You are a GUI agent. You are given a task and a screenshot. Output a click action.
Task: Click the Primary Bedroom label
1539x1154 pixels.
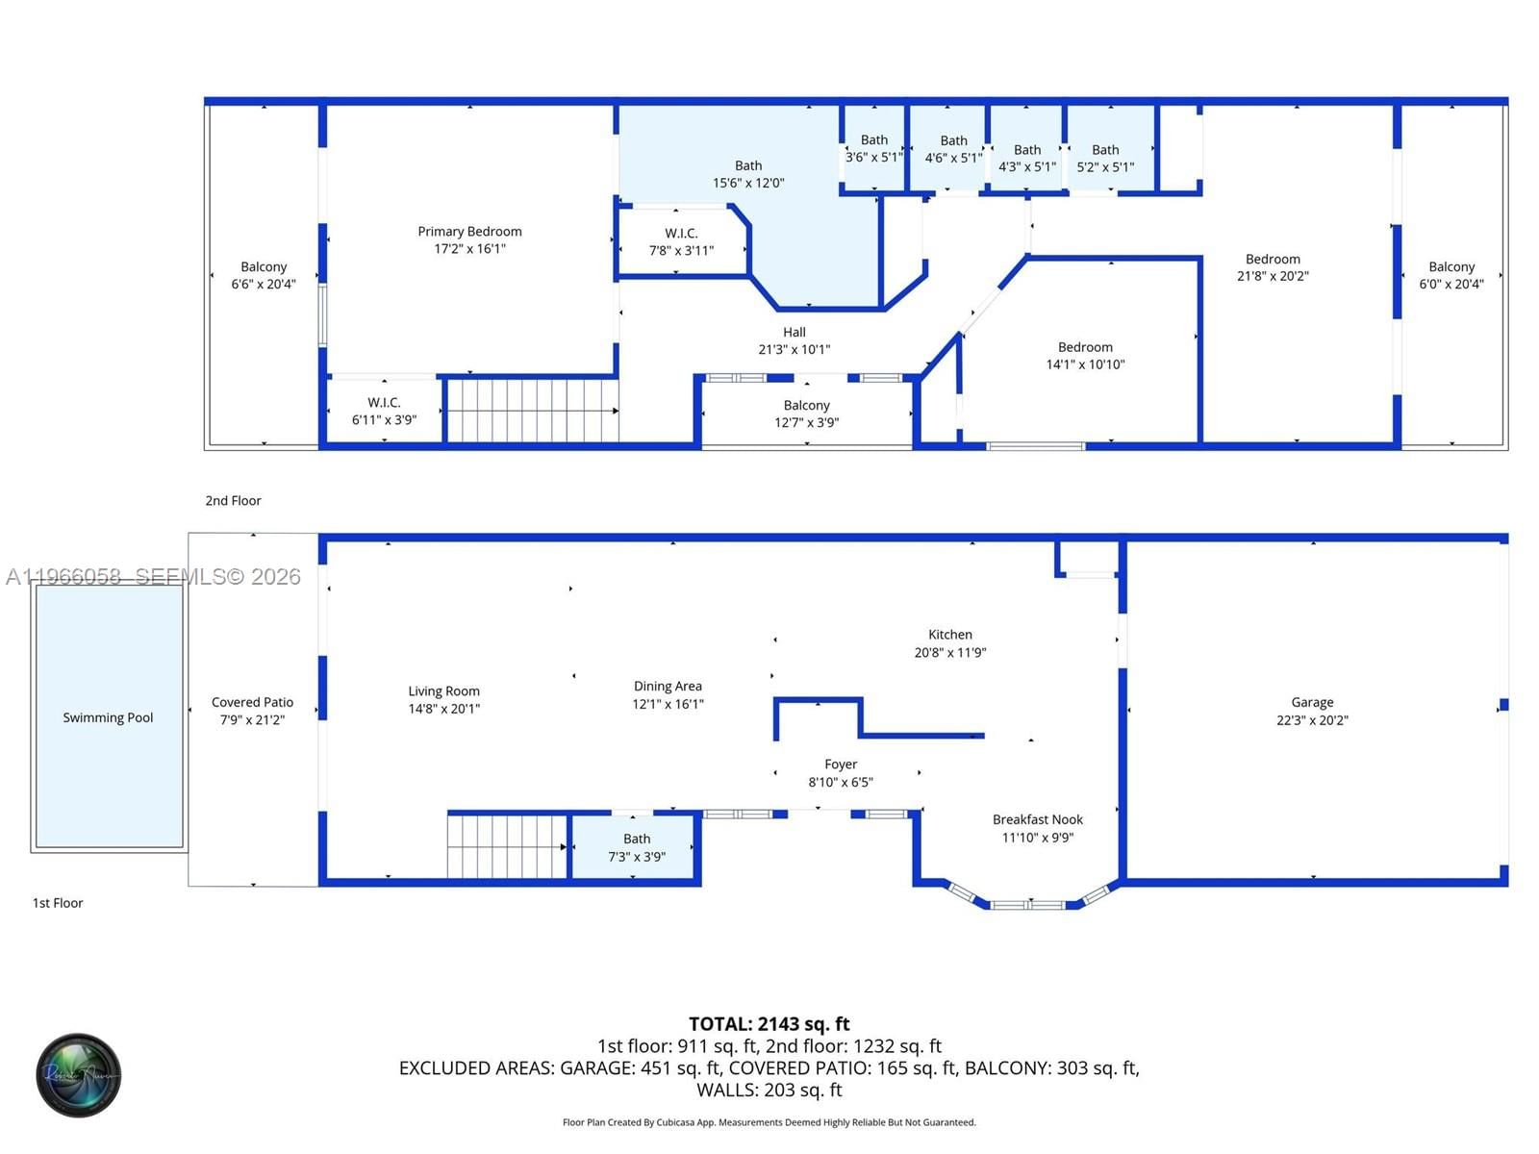469,232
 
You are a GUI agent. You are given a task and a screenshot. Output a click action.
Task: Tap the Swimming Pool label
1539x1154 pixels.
108,717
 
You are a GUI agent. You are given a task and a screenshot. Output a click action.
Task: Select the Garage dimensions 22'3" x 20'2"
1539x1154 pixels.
1312,720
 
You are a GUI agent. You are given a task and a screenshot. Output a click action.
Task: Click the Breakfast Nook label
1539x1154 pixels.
1037,819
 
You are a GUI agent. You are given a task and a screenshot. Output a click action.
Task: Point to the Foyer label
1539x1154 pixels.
840,765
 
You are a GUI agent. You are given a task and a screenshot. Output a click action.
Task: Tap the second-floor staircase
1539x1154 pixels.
531,411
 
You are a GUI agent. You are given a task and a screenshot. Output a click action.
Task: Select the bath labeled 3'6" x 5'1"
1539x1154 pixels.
873,148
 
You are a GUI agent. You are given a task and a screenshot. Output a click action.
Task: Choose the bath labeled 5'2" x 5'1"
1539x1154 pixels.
1105,158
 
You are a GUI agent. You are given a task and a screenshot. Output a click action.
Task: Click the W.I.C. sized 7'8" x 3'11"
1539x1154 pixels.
681,241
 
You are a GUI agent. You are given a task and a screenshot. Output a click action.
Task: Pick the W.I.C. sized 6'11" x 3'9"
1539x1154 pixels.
384,411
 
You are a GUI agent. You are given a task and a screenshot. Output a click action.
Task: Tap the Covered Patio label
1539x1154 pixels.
252,703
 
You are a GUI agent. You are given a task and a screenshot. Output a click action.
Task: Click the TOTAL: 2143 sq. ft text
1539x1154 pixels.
769,1024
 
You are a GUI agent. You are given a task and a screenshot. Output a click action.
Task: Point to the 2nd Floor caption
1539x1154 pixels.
233,501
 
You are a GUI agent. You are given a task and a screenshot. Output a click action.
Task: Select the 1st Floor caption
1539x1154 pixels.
58,903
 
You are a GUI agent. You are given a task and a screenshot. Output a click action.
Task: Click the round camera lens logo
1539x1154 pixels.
79,1075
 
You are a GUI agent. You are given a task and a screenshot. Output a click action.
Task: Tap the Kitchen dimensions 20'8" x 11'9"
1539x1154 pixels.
949,653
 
